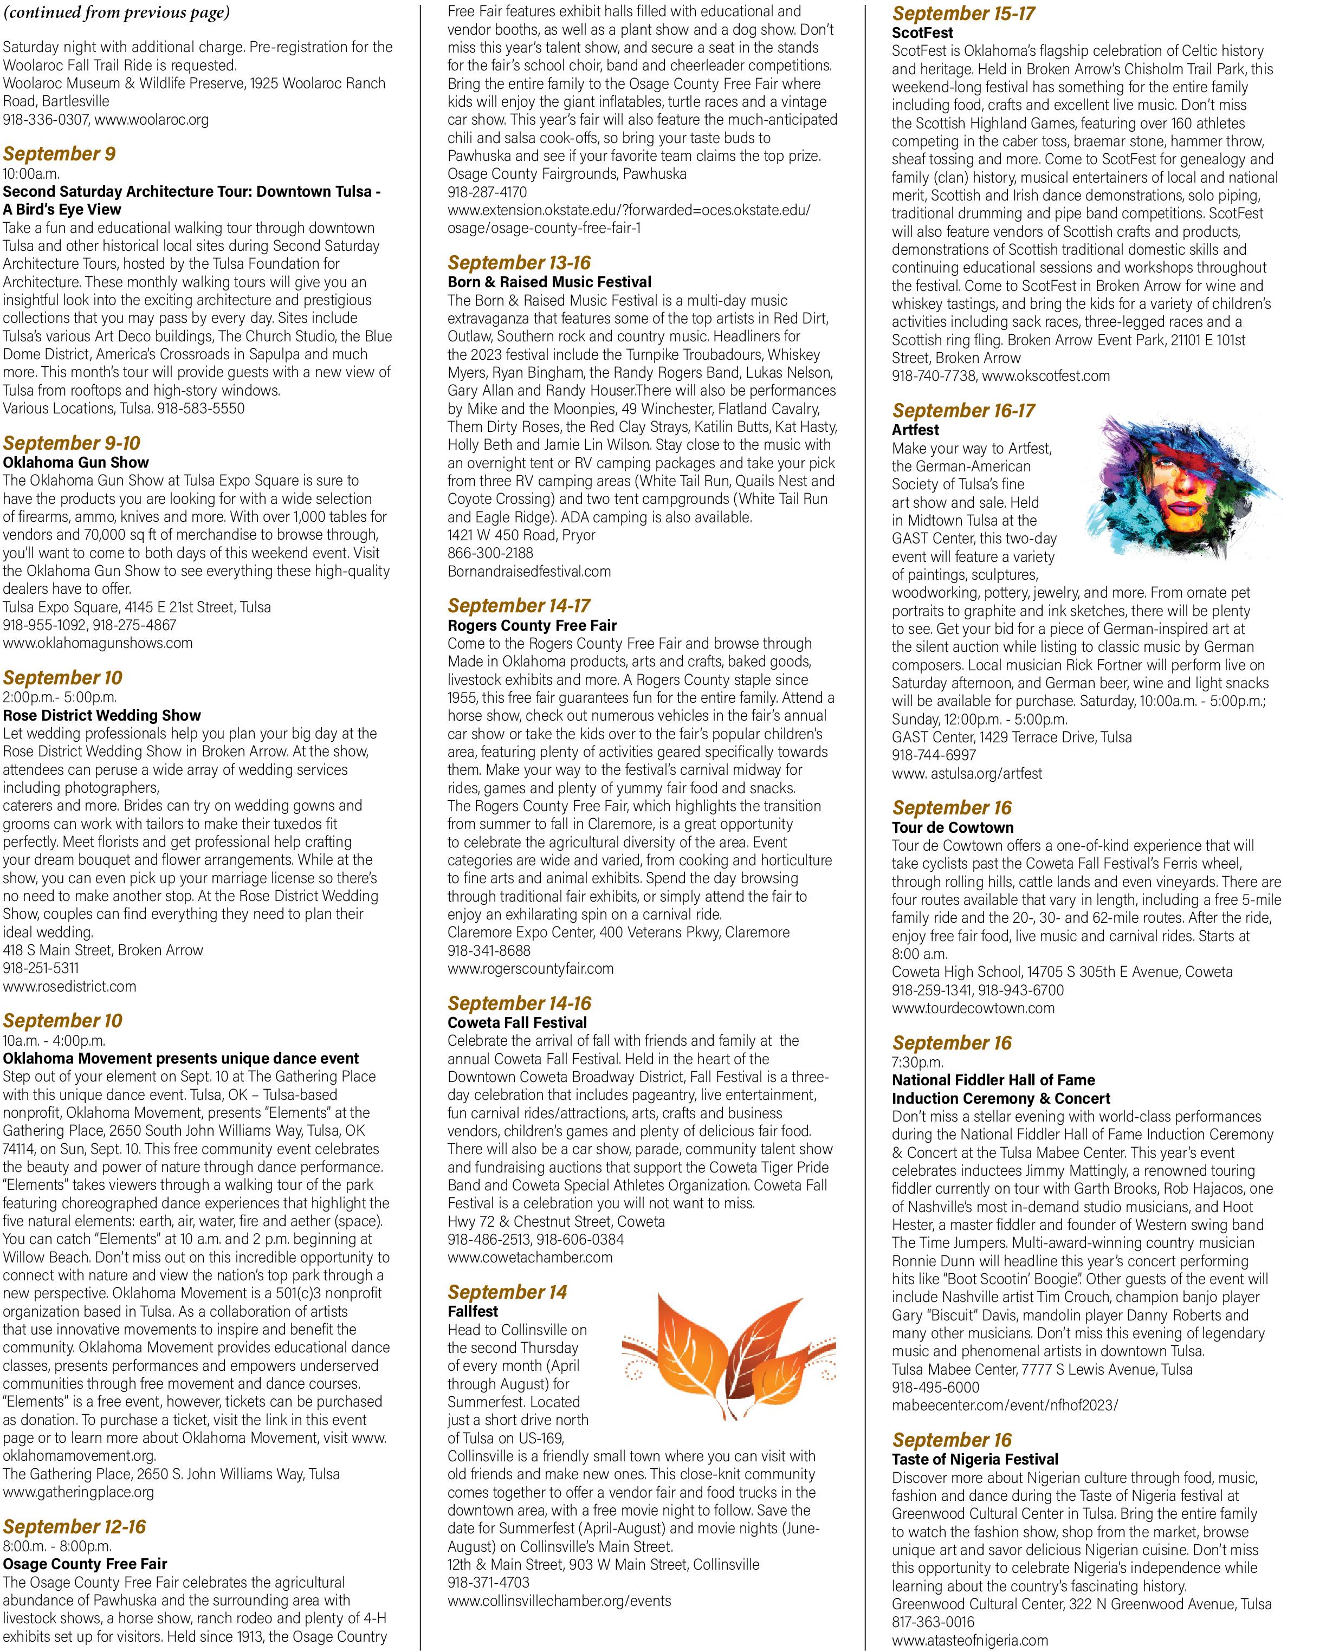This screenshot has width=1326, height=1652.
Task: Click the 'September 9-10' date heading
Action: click(x=72, y=443)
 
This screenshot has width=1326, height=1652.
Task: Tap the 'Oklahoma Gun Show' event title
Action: click(x=76, y=462)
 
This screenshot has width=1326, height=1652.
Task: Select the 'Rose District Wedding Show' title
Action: click(x=102, y=715)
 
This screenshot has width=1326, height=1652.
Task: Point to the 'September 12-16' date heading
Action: click(x=74, y=1526)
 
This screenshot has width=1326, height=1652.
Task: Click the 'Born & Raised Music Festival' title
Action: click(x=549, y=282)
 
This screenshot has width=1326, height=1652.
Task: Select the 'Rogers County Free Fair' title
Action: click(x=533, y=625)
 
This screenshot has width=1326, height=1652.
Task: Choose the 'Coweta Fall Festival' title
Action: click(x=518, y=1022)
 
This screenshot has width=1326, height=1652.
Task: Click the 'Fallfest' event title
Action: click(x=473, y=1311)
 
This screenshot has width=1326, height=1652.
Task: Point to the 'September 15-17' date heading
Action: click(x=963, y=13)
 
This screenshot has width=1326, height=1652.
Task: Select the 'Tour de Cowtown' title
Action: click(x=953, y=827)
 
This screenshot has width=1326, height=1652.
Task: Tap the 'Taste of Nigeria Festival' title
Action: click(x=975, y=1459)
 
